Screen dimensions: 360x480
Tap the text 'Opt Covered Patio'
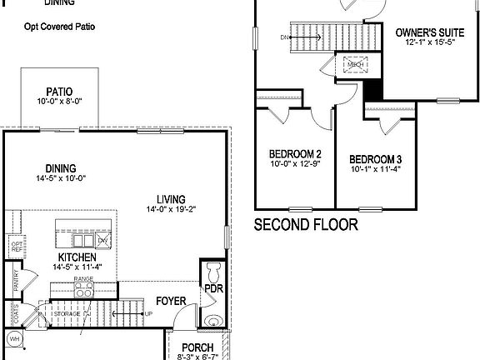[59, 27]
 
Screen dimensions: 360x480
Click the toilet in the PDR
[212, 272]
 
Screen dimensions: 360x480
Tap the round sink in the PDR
[212, 321]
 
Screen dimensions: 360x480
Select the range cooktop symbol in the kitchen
[84, 291]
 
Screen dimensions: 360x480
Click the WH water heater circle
[13, 338]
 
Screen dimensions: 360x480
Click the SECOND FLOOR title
[305, 224]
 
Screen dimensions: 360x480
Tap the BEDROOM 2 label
[295, 154]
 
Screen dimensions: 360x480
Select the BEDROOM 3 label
[375, 159]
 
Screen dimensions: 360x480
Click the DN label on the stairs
[284, 37]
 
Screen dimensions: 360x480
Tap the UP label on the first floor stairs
[149, 313]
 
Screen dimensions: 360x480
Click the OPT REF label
[17, 247]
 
